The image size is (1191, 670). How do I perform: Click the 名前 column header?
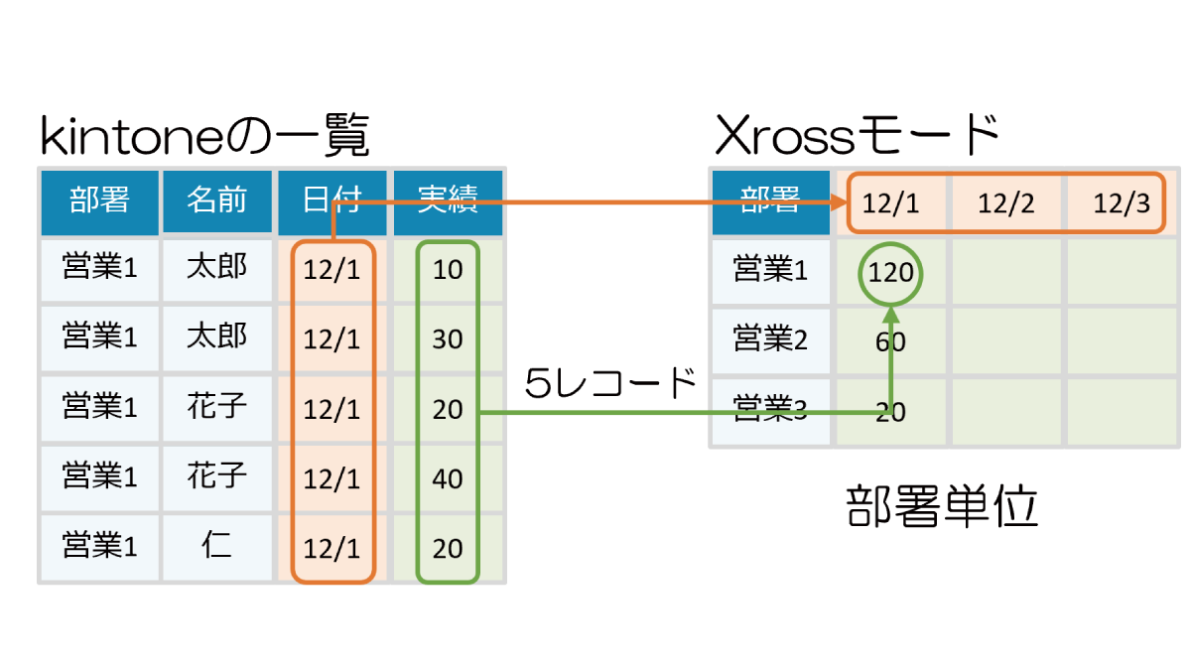(x=216, y=201)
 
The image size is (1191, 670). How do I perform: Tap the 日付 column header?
(x=331, y=201)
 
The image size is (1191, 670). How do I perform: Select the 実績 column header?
(x=448, y=201)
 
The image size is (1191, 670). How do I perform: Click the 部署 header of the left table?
(x=99, y=201)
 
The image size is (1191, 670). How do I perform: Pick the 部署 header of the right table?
(x=770, y=201)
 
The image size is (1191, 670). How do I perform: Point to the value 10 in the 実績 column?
(x=448, y=270)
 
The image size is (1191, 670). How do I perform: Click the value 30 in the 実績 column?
(x=448, y=339)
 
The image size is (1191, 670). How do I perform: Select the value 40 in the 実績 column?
(x=448, y=478)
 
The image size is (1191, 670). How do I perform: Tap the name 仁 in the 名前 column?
(x=216, y=546)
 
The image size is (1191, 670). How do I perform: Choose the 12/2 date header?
(x=1006, y=203)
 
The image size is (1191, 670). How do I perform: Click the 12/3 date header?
(x=1122, y=203)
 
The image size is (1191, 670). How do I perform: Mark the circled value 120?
(x=890, y=272)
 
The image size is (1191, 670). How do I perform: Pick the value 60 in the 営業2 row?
(x=890, y=342)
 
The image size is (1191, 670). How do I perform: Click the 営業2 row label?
(x=770, y=340)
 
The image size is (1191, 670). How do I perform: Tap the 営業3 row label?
(x=770, y=410)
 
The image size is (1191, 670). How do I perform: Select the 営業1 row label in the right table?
(x=770, y=270)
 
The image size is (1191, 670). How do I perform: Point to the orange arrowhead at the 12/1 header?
(x=838, y=202)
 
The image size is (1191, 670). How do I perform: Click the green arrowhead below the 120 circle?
(x=890, y=314)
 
